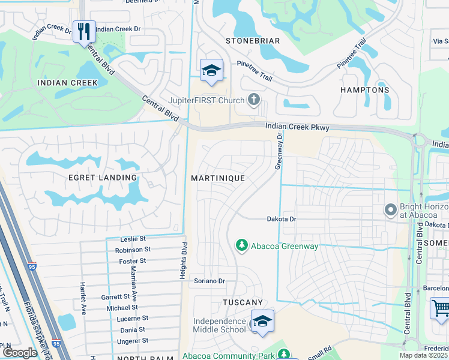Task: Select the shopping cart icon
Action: coord(440,308)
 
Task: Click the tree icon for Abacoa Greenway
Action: coord(241,245)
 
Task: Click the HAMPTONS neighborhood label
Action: coord(364,90)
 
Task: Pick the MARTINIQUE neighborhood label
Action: coord(217,178)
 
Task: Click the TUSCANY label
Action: coord(243,302)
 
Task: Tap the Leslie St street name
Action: coord(133,239)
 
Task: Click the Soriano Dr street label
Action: coord(209,281)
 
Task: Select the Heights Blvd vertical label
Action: coord(185,261)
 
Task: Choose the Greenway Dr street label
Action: coord(279,152)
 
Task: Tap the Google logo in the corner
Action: coord(20,353)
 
